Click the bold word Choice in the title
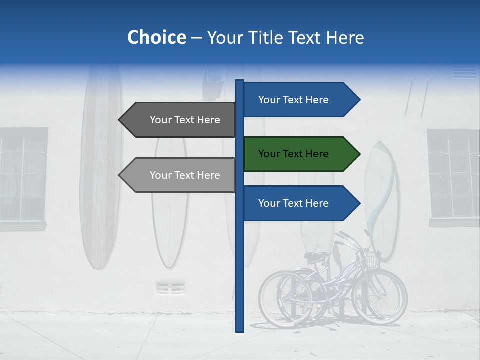(x=156, y=38)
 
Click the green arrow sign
(x=300, y=154)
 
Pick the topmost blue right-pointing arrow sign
(x=300, y=100)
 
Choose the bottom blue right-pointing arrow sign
(x=300, y=203)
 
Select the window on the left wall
(x=22, y=175)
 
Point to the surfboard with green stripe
(x=382, y=200)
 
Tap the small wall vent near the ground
(x=170, y=288)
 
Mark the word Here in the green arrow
(x=317, y=154)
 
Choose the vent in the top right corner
(x=465, y=73)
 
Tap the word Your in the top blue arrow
(x=270, y=100)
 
